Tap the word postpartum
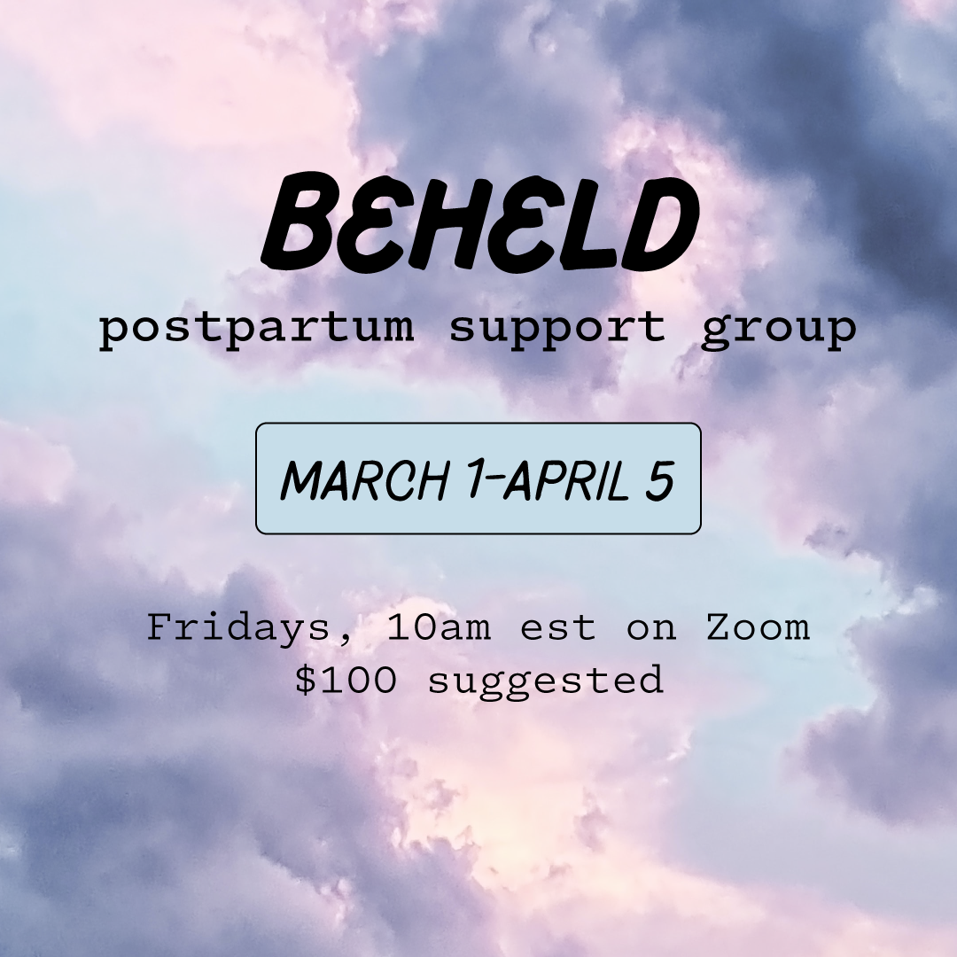click(256, 328)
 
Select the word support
click(556, 328)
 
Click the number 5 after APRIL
click(658, 479)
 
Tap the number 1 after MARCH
click(461, 479)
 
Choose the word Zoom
click(758, 627)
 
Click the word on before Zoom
click(651, 628)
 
